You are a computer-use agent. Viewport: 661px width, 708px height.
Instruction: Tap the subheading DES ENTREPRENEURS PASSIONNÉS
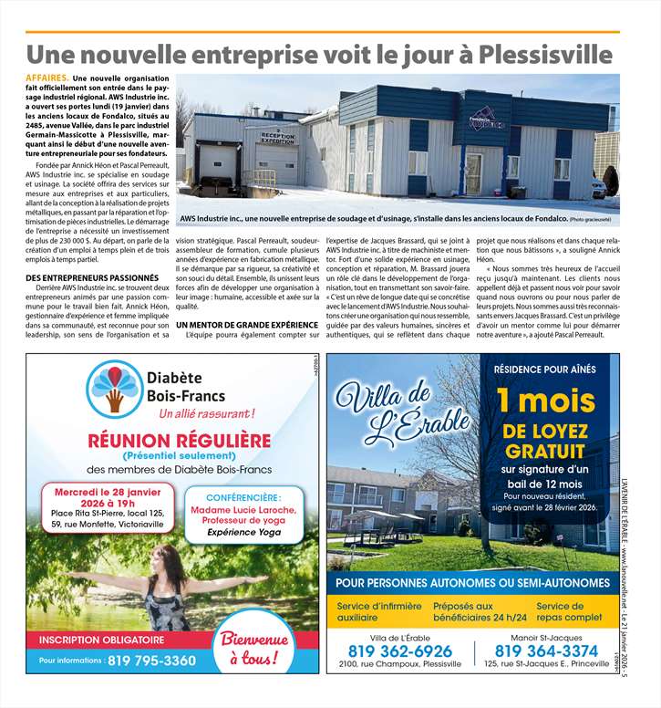pos(92,276)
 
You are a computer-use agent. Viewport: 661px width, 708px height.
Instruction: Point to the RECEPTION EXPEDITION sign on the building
pos(278,137)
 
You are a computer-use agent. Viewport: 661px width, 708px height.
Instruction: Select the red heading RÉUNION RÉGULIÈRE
pos(179,441)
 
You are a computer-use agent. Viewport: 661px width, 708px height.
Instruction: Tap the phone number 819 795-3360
pos(151,660)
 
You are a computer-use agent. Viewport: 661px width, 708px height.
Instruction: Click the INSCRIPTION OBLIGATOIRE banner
pos(101,640)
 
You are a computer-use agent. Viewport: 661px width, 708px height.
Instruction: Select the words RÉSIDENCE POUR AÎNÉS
pos(544,370)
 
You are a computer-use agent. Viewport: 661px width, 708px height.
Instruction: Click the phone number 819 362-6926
pos(399,651)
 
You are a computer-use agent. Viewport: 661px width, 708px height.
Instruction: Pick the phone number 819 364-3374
pos(546,651)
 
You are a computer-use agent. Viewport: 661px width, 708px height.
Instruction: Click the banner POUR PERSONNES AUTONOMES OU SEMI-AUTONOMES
pos(472,582)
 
